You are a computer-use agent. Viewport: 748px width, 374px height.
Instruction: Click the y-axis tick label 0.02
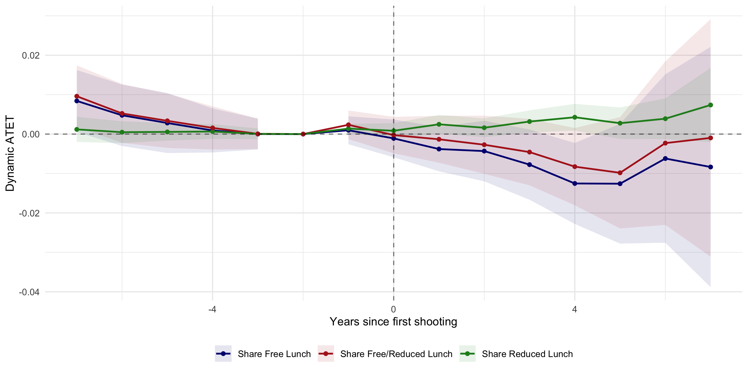coord(30,55)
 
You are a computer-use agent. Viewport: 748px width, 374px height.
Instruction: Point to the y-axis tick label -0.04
coord(29,292)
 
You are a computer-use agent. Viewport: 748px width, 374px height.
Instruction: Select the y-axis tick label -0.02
coord(29,213)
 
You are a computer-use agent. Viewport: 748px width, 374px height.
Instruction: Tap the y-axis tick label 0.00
coord(30,134)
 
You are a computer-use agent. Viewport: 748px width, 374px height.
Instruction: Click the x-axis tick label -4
coord(212,309)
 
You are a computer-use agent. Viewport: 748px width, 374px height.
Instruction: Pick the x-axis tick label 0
coord(393,309)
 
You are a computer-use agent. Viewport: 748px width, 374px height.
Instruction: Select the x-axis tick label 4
coord(574,309)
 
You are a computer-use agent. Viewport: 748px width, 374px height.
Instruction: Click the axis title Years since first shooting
coord(393,322)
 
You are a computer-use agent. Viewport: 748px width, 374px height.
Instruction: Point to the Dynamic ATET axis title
coord(10,153)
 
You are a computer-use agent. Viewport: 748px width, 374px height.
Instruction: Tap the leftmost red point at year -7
coord(77,96)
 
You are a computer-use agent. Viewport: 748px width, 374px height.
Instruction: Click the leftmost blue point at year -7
coord(77,101)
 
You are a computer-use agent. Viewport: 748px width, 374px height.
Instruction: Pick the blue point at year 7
coord(711,167)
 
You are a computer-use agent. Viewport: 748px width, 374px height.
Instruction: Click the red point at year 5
coord(620,173)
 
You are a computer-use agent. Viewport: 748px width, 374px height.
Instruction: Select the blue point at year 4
coord(575,184)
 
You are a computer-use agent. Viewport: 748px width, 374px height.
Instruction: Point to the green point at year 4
coord(575,117)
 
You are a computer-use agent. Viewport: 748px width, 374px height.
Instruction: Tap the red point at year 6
coord(665,143)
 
